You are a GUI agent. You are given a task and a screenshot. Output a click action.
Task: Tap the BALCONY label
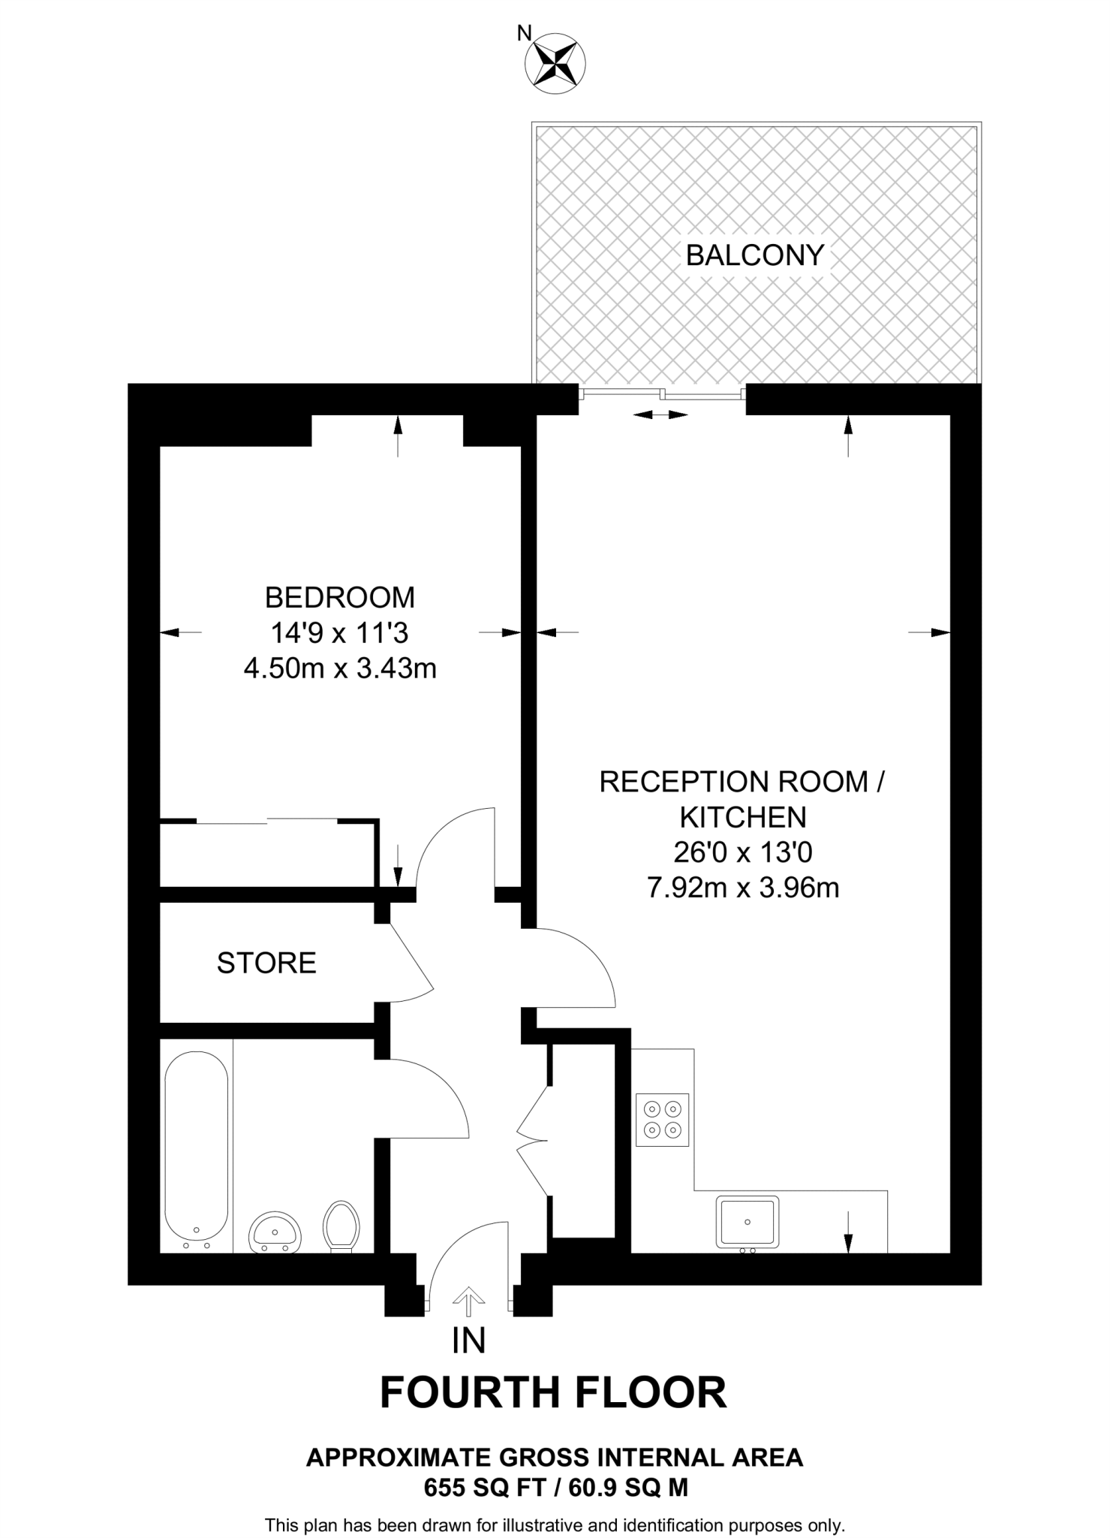coord(754,255)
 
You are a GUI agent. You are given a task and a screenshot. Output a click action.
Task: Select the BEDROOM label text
coord(339,598)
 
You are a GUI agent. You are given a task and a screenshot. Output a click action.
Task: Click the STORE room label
coord(266,963)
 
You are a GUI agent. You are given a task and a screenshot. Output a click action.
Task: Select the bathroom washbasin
coord(275,1232)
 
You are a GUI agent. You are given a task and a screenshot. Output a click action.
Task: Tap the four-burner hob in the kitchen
coord(662,1120)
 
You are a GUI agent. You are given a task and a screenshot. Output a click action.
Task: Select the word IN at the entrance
coord(468,1341)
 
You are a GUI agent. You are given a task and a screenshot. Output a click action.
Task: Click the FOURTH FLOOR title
coord(553,1393)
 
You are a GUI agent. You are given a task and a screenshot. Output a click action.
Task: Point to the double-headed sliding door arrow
coord(660,415)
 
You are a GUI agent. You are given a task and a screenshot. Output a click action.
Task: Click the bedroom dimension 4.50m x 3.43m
coord(340,668)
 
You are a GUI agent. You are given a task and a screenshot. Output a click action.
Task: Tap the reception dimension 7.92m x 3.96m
coord(742,888)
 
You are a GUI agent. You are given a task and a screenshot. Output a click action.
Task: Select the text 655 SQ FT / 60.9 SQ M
coord(555,1488)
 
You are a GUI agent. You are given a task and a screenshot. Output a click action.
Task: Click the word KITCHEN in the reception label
coord(742,817)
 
